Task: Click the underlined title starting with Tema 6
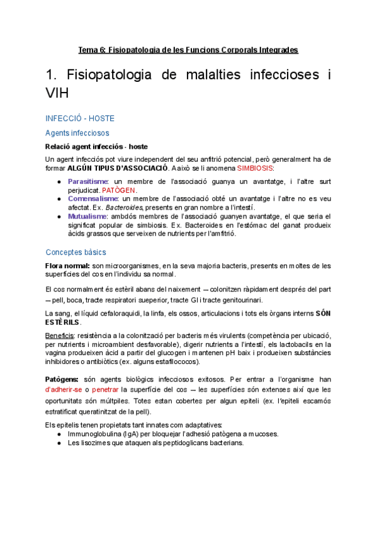[x=188, y=49]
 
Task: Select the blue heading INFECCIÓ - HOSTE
[x=79, y=118]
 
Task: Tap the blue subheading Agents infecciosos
[x=77, y=133]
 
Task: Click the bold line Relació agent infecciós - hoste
[x=96, y=147]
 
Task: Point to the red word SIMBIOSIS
[x=256, y=169]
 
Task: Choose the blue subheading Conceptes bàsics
[x=76, y=252]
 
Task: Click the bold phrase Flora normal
[x=69, y=266]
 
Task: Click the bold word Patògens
[x=62, y=380]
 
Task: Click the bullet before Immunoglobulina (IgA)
[x=59, y=434]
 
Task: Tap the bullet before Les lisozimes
[x=59, y=443]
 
